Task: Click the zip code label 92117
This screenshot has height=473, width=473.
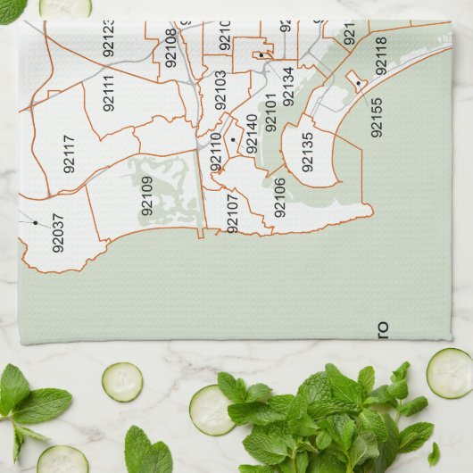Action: (x=70, y=153)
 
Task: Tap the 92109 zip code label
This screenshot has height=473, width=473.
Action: (x=147, y=196)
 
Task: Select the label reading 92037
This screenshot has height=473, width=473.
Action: (x=58, y=233)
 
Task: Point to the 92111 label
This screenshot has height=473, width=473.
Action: (x=108, y=94)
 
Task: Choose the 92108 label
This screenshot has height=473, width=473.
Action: (x=170, y=47)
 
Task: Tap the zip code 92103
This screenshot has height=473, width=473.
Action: (x=220, y=89)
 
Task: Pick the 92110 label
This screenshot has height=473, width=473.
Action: (x=215, y=152)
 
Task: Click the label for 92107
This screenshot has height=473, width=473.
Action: (x=233, y=213)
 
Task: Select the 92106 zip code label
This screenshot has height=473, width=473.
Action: (x=279, y=197)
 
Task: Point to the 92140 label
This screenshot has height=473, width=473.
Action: (x=251, y=132)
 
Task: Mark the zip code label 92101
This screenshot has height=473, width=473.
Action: (x=270, y=112)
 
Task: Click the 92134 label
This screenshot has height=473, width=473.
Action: (x=287, y=86)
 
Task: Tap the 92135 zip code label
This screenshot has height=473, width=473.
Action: (x=308, y=152)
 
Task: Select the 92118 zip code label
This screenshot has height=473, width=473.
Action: (x=381, y=55)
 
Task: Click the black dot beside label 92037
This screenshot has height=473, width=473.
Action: (x=36, y=223)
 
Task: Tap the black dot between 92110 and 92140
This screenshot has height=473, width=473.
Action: (x=232, y=140)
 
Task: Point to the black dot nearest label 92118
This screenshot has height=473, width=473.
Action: (x=358, y=84)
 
